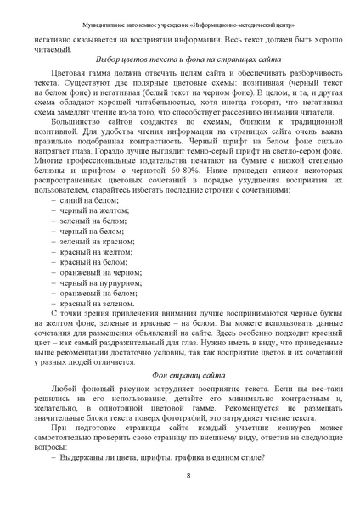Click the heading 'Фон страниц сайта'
(x=179, y=374)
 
